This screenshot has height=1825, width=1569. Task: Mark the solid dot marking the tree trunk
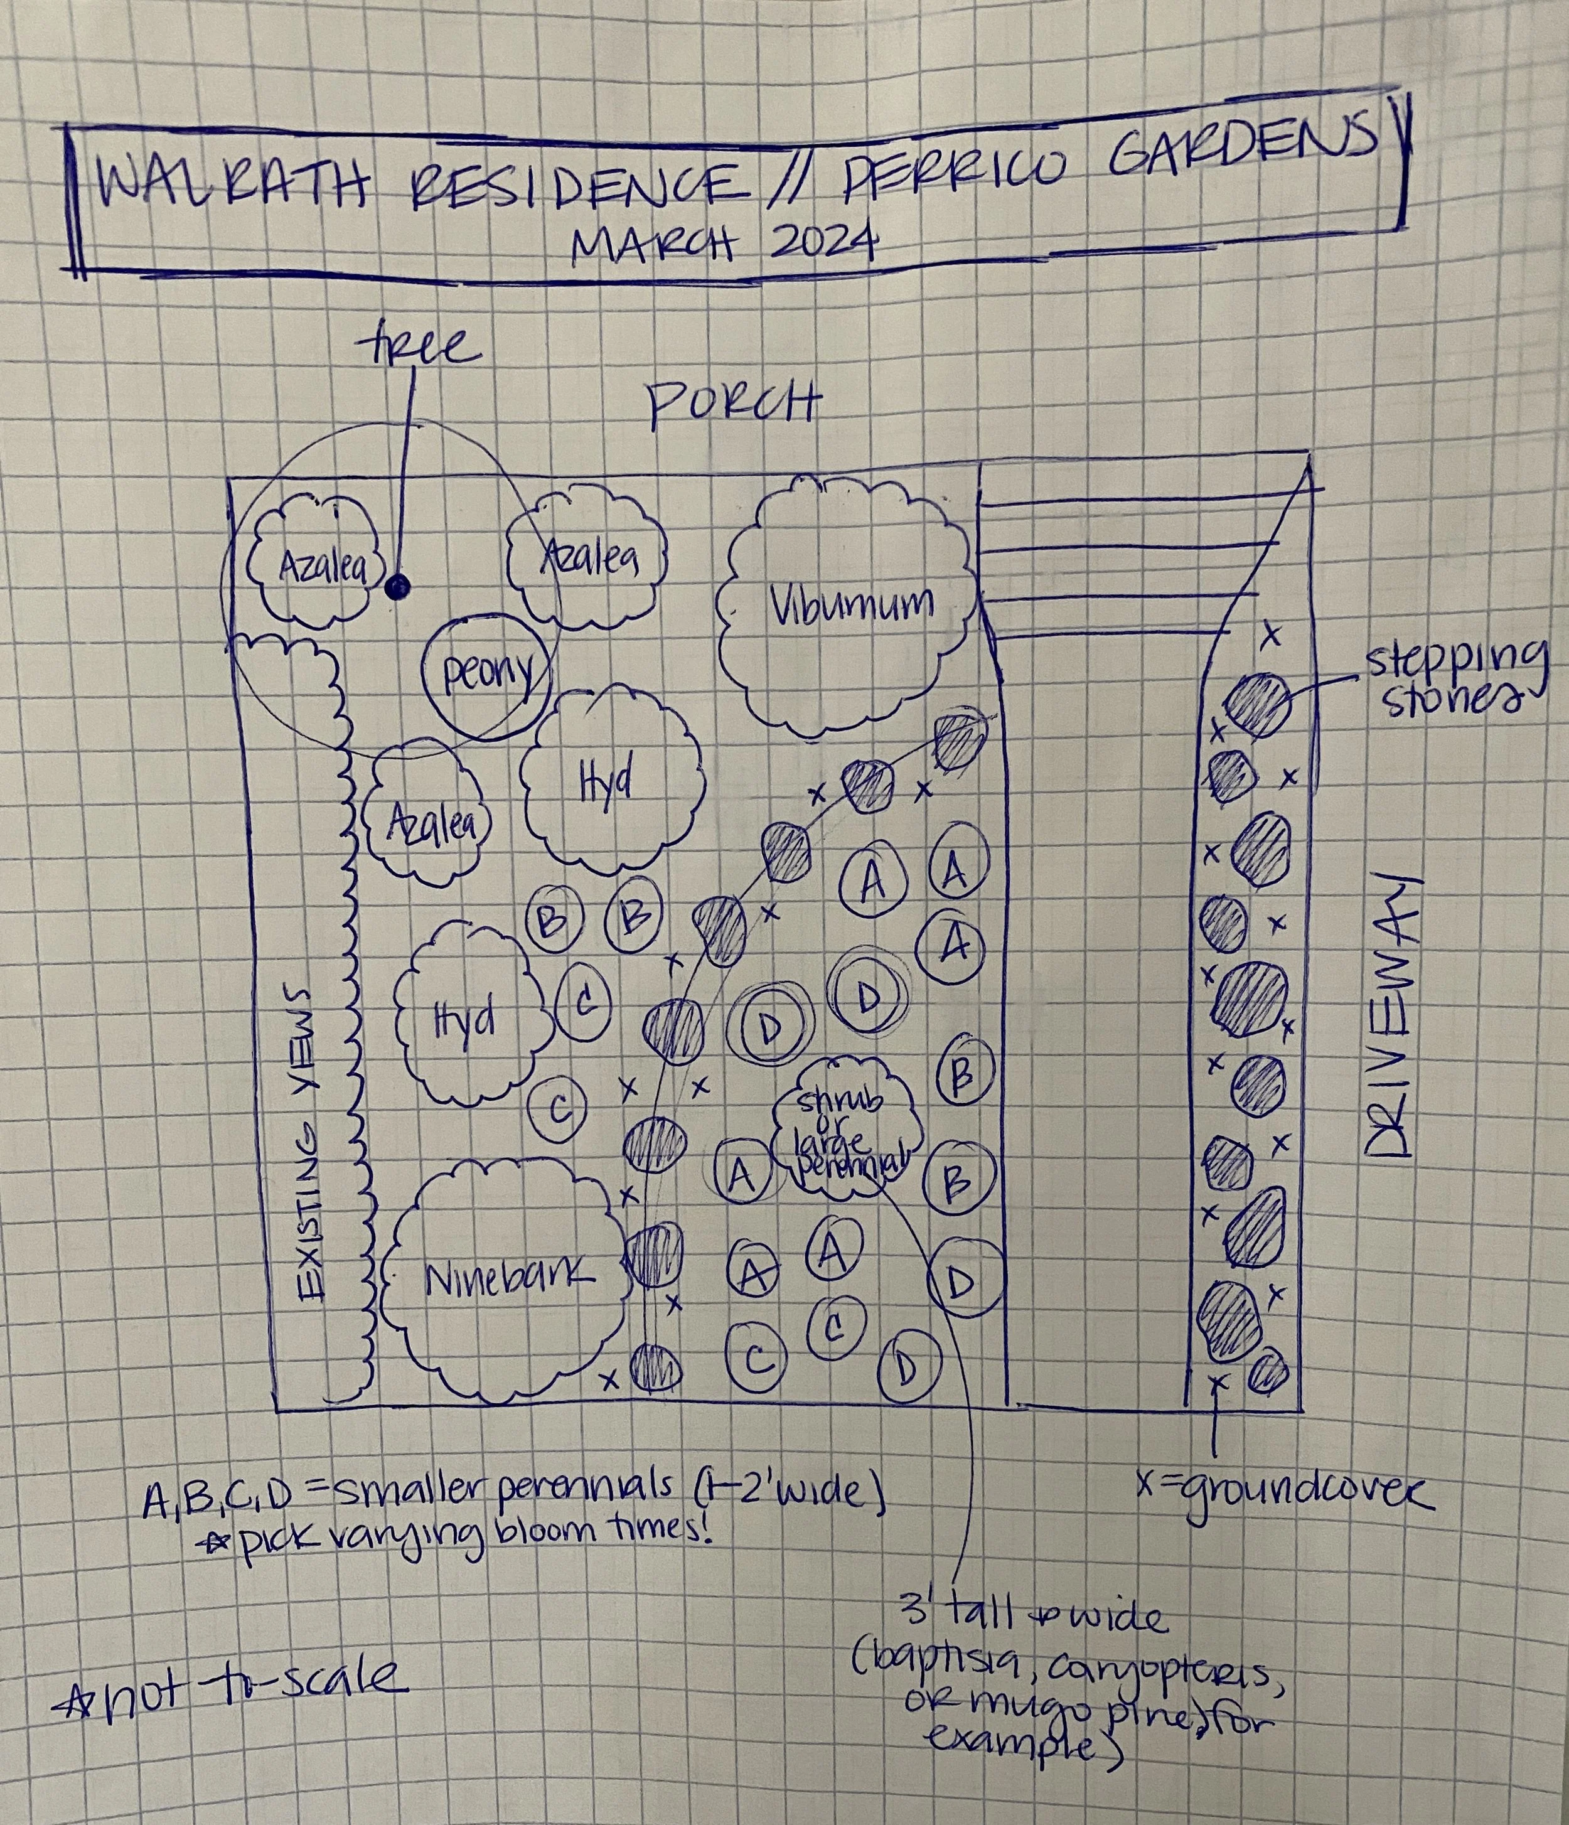point(397,585)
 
